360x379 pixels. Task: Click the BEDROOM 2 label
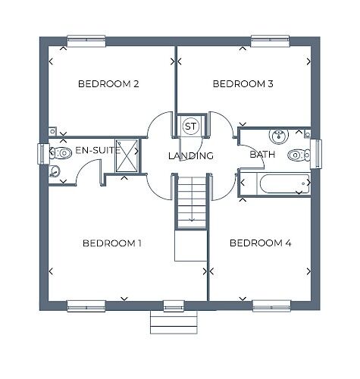click(x=108, y=84)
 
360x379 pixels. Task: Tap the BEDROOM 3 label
click(x=243, y=84)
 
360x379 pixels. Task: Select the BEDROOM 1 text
click(x=112, y=243)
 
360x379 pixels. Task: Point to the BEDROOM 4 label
click(x=261, y=243)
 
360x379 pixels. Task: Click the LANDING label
click(x=191, y=155)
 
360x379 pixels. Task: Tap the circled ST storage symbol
click(x=191, y=126)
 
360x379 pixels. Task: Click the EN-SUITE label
click(x=98, y=151)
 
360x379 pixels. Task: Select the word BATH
click(x=262, y=155)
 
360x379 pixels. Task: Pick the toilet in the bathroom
click(x=299, y=155)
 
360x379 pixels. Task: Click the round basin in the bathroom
click(x=279, y=136)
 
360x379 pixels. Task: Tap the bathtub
click(x=283, y=183)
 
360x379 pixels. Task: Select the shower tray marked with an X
click(x=127, y=155)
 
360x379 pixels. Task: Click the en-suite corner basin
click(x=54, y=171)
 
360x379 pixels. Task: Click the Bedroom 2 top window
click(x=86, y=41)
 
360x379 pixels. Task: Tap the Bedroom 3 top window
click(x=270, y=41)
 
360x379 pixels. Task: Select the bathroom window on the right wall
click(x=316, y=154)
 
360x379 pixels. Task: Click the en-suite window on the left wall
click(x=43, y=154)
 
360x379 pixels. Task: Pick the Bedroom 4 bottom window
click(x=272, y=305)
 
